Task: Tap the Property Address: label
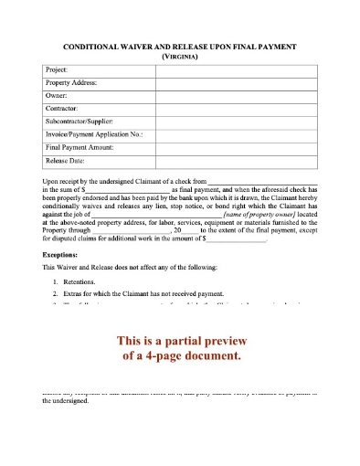[71, 82]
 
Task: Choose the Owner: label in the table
[57, 95]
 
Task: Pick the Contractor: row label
[63, 108]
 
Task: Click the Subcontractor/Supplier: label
[80, 121]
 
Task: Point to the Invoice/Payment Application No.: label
[93, 133]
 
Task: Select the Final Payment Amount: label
[79, 146]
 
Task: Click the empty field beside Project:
[237, 69]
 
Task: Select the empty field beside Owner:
[237, 95]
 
